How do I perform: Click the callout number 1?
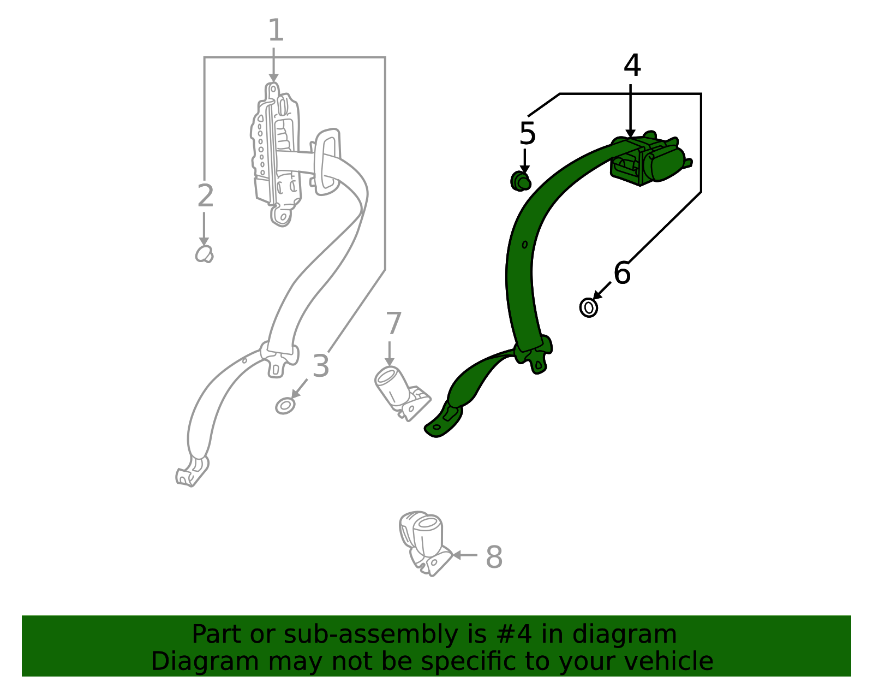point(276,30)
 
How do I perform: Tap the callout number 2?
point(205,195)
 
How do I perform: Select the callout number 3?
point(321,366)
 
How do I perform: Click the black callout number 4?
point(632,65)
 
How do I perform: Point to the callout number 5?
point(528,133)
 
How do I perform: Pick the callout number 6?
point(623,273)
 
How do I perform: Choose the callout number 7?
point(393,323)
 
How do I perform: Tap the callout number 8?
point(494,557)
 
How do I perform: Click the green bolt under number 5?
point(521,181)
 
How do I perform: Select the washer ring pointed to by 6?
point(589,308)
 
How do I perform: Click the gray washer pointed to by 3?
point(285,406)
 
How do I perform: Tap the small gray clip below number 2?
point(204,254)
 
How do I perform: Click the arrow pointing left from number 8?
point(465,555)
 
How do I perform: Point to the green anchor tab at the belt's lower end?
point(443,422)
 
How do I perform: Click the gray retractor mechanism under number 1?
point(276,154)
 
